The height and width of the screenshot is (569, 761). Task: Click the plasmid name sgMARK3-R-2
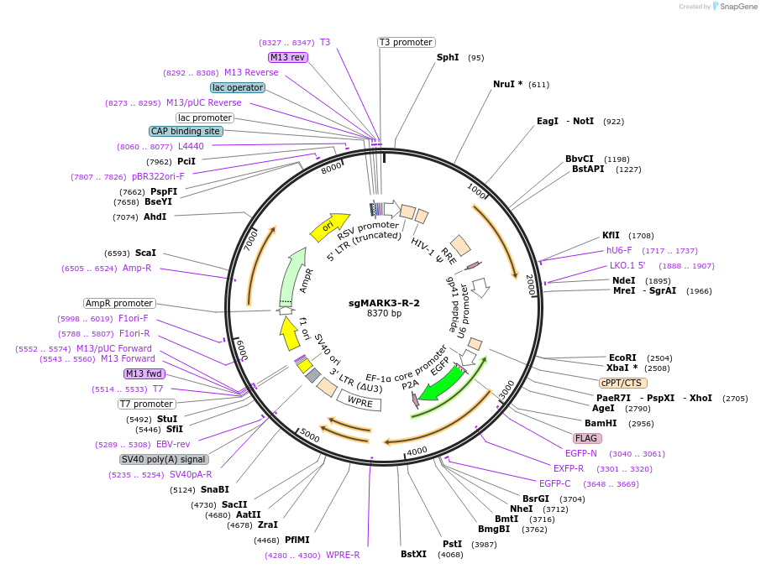point(384,303)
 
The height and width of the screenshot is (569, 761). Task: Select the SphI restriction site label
point(448,58)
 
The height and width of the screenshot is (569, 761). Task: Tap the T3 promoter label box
point(406,42)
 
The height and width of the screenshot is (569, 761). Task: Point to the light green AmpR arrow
point(291,276)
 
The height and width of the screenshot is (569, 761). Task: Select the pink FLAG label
point(587,438)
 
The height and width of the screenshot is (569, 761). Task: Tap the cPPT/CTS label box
point(623,382)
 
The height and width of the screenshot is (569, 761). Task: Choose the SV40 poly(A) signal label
point(164,459)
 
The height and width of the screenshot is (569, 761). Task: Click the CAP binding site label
point(186,131)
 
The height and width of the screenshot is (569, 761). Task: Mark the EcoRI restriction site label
point(622,358)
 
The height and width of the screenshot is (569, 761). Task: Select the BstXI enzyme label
point(413,554)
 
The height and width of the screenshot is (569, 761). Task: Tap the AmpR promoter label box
point(119,303)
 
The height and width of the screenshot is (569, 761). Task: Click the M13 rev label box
point(287,57)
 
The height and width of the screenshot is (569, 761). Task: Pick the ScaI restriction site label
point(145,253)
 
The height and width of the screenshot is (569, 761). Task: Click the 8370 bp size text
point(384,314)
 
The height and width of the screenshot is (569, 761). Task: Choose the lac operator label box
point(238,87)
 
